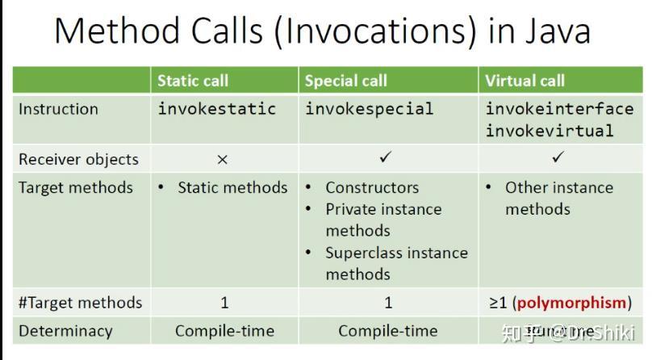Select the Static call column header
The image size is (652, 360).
(x=193, y=81)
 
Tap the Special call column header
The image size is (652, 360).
(x=345, y=81)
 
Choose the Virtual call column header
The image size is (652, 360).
(x=525, y=81)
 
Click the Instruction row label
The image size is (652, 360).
(x=58, y=109)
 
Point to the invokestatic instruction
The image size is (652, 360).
(x=216, y=109)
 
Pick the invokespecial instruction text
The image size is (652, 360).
(x=369, y=109)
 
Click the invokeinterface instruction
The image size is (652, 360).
(x=559, y=109)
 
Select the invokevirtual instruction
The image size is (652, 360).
(x=549, y=130)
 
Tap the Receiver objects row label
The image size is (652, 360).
(x=78, y=159)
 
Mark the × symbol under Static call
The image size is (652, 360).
(x=223, y=160)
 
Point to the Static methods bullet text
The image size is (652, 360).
(x=232, y=188)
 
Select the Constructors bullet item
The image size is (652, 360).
(x=372, y=188)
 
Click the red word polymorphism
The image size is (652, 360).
(x=571, y=303)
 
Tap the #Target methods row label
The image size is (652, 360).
(x=80, y=303)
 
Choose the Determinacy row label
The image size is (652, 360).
(x=65, y=331)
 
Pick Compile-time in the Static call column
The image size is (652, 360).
(x=224, y=331)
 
